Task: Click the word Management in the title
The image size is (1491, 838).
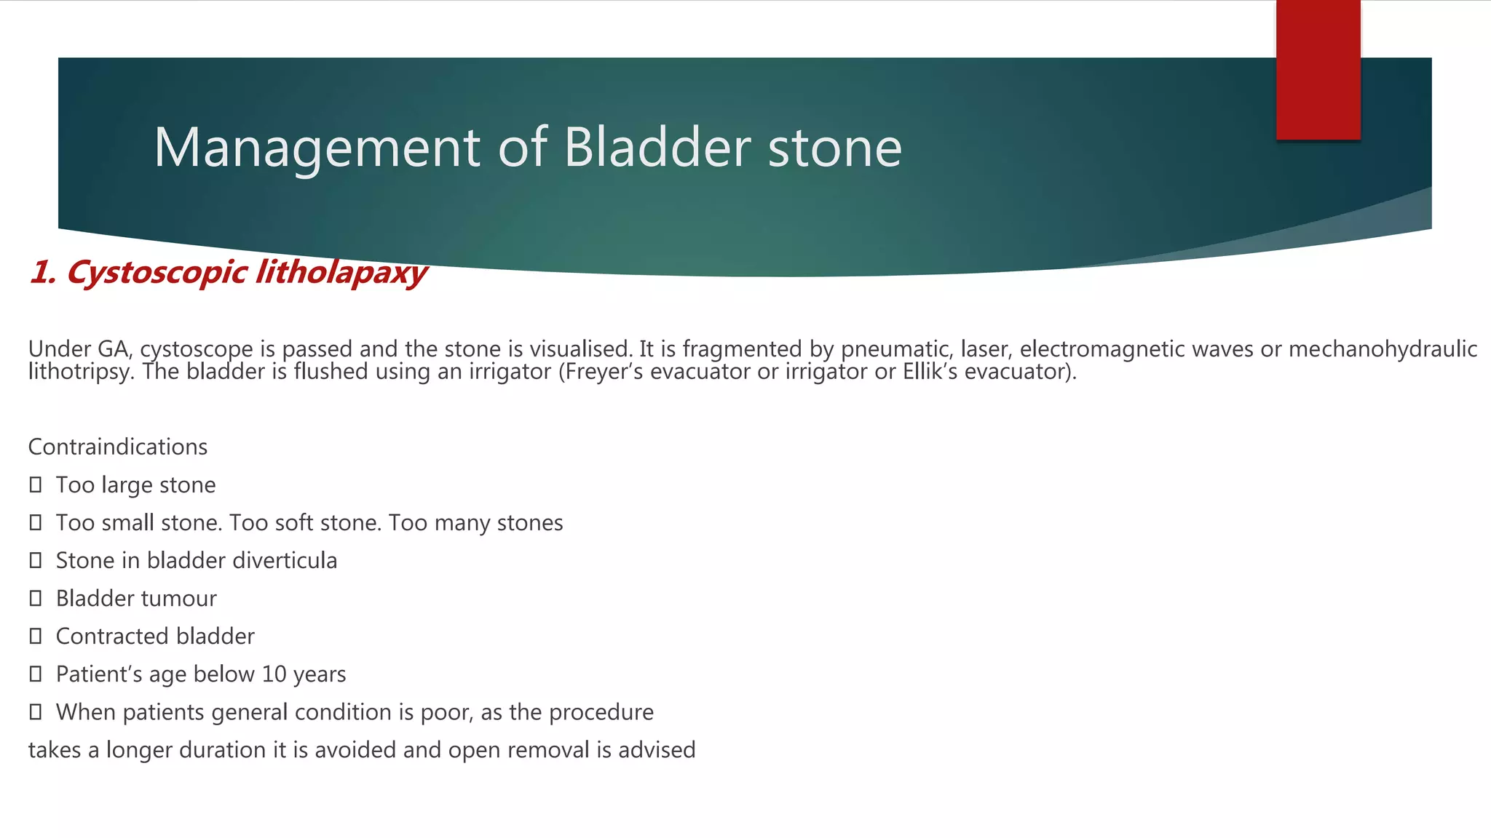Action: (x=316, y=148)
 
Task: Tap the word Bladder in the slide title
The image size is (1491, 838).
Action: (x=657, y=148)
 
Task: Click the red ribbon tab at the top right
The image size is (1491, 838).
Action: (x=1318, y=70)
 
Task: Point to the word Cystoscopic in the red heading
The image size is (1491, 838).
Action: (x=156, y=273)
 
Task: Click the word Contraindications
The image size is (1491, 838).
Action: (x=117, y=447)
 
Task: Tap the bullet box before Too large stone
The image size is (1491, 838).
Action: (x=35, y=484)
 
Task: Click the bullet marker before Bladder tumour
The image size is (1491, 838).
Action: (x=35, y=598)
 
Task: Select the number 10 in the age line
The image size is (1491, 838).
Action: (x=274, y=674)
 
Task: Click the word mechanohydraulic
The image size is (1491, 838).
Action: (x=1383, y=349)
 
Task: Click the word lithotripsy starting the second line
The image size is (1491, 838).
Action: (x=80, y=372)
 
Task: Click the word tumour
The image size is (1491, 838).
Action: (x=185, y=599)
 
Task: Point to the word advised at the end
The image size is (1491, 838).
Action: (x=657, y=750)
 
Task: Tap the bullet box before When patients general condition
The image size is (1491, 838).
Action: (x=35, y=711)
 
